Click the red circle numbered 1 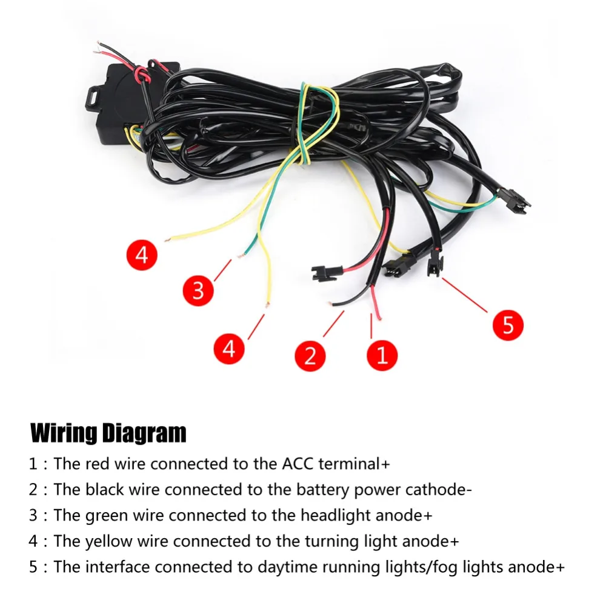[x=382, y=355]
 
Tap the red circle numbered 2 [x=310, y=356]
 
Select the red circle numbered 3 [x=198, y=290]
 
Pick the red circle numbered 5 [x=508, y=325]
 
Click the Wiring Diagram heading [x=108, y=433]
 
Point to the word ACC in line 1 [x=298, y=464]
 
